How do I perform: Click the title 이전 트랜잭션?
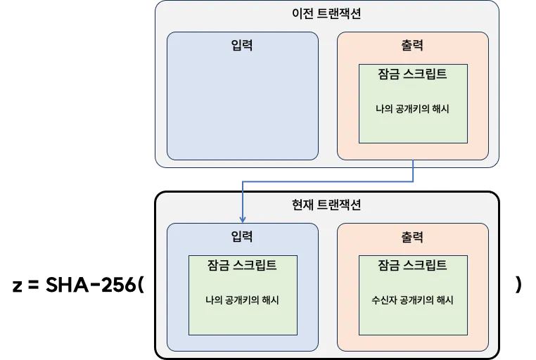point(326,13)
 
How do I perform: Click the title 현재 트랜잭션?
point(326,205)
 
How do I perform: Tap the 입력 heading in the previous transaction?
point(242,46)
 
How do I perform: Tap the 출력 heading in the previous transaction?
point(412,46)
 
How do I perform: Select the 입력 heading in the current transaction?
point(242,237)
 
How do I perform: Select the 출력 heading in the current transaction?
point(412,237)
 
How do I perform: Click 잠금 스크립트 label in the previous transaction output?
point(412,74)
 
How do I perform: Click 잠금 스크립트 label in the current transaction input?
point(242,265)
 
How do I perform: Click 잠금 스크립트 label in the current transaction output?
point(412,265)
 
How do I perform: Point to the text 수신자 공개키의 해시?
point(412,300)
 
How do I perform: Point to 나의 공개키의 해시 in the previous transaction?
point(412,109)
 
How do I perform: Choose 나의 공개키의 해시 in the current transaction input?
point(242,300)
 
